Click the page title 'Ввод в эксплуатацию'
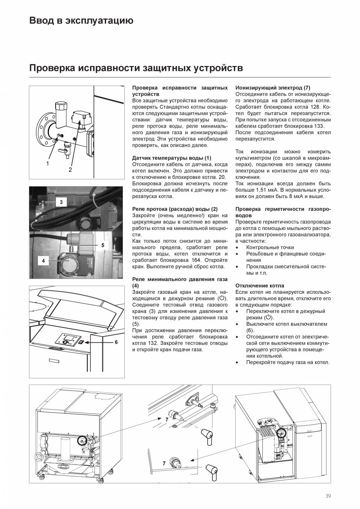pyautogui.click(x=81, y=21)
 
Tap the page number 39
pyautogui.click(x=328, y=496)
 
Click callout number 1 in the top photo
pyautogui.click(x=47, y=164)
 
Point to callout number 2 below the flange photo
pyautogui.click(x=70, y=169)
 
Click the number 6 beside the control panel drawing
pyautogui.click(x=116, y=342)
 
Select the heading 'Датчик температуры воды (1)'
pyautogui.click(x=172, y=158)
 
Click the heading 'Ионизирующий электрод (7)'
pyautogui.click(x=273, y=88)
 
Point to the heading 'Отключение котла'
pyautogui.click(x=260, y=286)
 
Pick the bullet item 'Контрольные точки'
pyautogui.click(x=270, y=247)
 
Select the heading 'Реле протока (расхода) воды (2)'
pyautogui.click(x=175, y=209)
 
